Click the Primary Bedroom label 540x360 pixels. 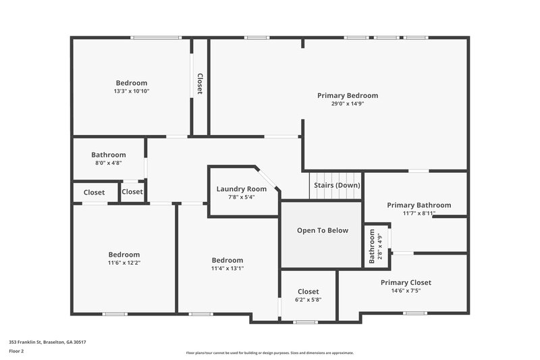point(348,96)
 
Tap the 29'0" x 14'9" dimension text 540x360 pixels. point(348,104)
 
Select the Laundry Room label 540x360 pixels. point(241,189)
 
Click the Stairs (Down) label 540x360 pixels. point(337,185)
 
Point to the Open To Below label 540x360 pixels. point(323,230)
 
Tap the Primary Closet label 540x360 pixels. point(406,282)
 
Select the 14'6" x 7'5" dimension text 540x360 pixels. point(406,290)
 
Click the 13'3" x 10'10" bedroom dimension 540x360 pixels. point(131,91)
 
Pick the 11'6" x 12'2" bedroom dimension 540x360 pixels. point(124,263)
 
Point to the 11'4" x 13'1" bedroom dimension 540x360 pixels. point(227,268)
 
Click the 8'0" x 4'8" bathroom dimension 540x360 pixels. point(109,163)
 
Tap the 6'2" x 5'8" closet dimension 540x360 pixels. point(308,300)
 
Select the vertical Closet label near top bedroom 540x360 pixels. point(200,84)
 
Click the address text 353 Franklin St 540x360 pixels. point(47,342)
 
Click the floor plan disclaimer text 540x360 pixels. point(269,353)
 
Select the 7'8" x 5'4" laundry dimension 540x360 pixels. point(241,197)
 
